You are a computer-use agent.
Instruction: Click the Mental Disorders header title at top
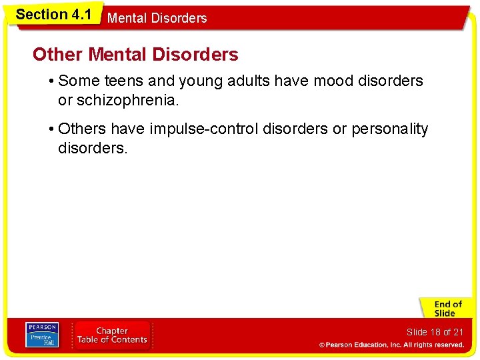point(157,19)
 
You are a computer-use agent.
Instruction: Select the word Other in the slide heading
point(58,55)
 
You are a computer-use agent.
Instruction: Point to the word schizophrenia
point(127,100)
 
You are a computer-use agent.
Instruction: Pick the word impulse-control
point(205,129)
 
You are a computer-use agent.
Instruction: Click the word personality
point(390,129)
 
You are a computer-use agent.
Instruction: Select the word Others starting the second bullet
point(82,129)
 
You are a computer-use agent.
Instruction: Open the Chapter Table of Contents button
point(112,335)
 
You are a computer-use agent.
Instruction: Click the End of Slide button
point(445,308)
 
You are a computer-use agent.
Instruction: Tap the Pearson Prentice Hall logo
point(42,335)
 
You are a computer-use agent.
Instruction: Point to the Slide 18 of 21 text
point(435,332)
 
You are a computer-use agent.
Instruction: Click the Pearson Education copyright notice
point(391,345)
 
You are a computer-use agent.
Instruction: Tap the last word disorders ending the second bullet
point(92,148)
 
